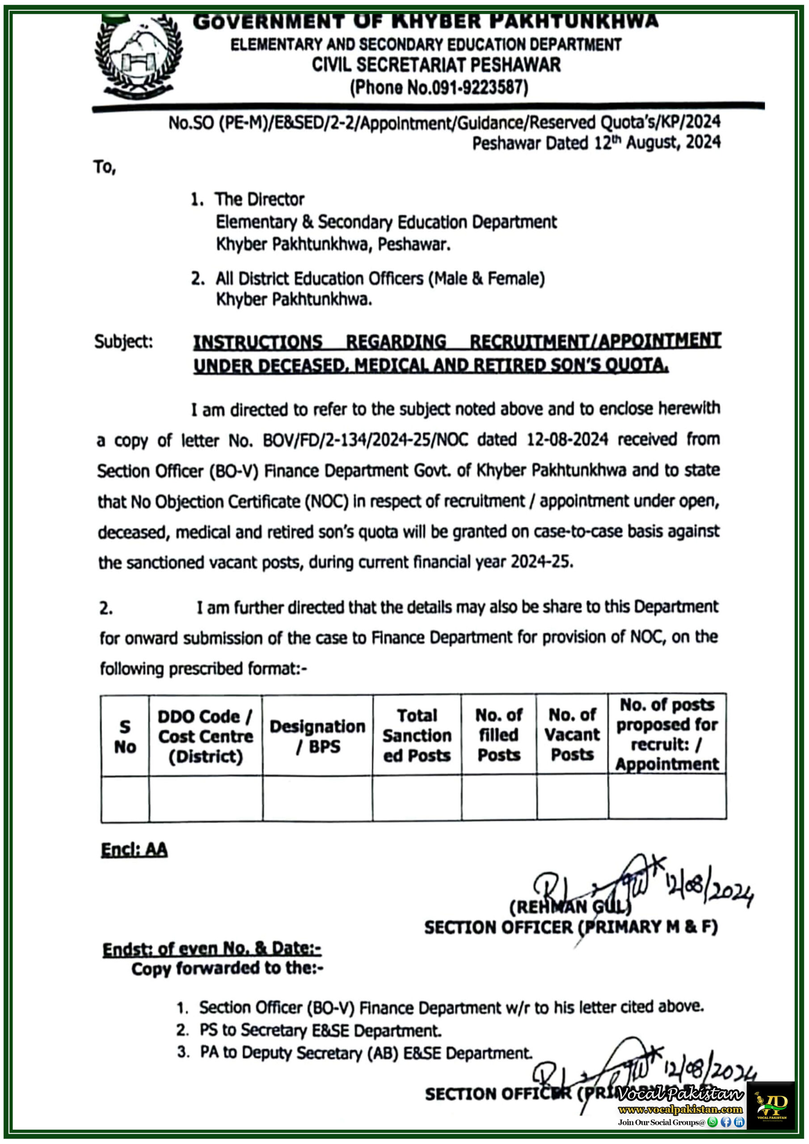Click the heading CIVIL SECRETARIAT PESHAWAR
click(x=436, y=65)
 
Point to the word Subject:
click(x=124, y=342)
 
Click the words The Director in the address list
click(x=260, y=199)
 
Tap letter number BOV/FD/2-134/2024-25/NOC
click(x=365, y=440)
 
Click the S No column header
click(x=125, y=736)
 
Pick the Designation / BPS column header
click(x=317, y=736)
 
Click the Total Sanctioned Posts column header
click(x=417, y=736)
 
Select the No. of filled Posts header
click(x=498, y=735)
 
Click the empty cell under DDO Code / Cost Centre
click(x=205, y=799)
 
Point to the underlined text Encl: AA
click(x=134, y=850)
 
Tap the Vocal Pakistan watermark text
click(x=679, y=1094)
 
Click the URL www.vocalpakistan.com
click(x=680, y=1110)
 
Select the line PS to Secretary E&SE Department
click(x=320, y=1030)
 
